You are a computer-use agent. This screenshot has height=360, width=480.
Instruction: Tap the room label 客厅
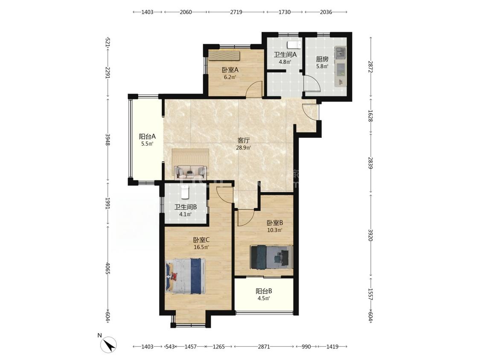coord(244,140)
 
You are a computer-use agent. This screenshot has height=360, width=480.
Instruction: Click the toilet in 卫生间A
coord(293,45)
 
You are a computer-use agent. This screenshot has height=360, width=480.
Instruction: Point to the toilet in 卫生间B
coord(185,192)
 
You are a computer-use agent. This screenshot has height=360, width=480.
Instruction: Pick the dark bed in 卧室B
coord(271,257)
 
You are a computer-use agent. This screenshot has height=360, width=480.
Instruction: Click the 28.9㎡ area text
coord(244,148)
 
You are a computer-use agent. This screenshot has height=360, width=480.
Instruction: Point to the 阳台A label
coord(148,136)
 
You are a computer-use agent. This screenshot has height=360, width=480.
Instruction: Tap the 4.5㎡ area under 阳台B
coord(264,298)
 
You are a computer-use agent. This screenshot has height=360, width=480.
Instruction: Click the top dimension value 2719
coord(236,12)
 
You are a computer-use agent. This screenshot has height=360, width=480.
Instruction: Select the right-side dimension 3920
coord(371,235)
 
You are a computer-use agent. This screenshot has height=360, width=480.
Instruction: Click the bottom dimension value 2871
coord(264,346)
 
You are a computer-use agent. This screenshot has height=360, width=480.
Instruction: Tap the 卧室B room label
coord(275,223)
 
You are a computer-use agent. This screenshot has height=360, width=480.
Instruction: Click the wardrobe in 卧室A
coord(224,56)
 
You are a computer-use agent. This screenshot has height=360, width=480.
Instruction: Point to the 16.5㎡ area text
coord(201,247)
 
